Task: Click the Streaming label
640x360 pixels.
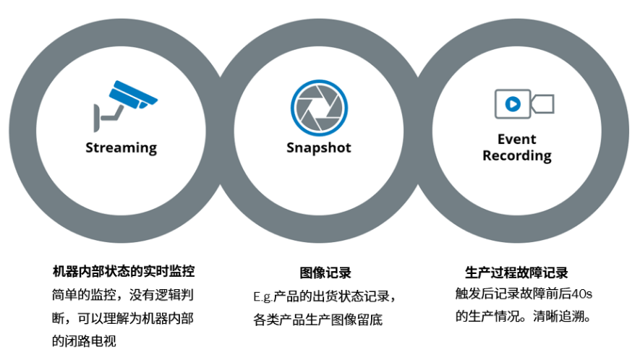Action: pos(121,148)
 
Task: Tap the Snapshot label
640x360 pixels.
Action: pos(318,148)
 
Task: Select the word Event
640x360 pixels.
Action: pos(516,139)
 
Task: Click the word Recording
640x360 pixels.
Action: pos(516,155)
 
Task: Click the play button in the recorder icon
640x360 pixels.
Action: pos(512,104)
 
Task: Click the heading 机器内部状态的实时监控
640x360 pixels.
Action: pos(124,273)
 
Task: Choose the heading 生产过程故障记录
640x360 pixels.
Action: pos(516,273)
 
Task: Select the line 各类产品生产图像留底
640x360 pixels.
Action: pos(318,319)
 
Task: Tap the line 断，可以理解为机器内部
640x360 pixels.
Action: pos(122,318)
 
